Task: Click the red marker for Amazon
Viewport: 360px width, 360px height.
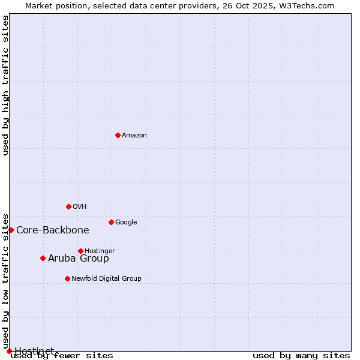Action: (x=118, y=135)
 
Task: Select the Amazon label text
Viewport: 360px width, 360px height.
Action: (x=134, y=136)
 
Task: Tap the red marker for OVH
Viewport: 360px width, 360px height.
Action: (x=68, y=206)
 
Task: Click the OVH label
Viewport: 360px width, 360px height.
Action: (x=79, y=207)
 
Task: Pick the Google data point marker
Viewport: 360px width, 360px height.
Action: (x=111, y=222)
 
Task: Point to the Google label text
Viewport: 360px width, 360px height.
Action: (x=126, y=223)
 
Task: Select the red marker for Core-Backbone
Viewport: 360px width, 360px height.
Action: (x=11, y=230)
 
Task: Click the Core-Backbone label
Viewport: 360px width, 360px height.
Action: (x=53, y=230)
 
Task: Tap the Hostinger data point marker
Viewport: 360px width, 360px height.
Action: (x=80, y=251)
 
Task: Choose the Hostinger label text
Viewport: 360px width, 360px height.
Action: (x=100, y=251)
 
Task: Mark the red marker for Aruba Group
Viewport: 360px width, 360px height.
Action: (x=43, y=258)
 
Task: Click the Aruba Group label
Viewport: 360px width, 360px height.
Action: (x=79, y=259)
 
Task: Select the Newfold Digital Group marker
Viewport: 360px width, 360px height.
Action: (x=67, y=278)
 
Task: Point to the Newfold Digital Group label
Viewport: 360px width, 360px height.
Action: (x=106, y=279)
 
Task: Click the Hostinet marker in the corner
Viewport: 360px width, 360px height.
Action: (x=9, y=351)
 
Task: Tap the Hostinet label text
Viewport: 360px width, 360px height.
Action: (x=34, y=351)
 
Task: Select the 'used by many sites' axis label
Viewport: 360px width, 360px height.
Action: (x=301, y=356)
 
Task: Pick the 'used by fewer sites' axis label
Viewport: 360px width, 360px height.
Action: (x=62, y=356)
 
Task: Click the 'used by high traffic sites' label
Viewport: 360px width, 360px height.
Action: (x=6, y=85)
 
